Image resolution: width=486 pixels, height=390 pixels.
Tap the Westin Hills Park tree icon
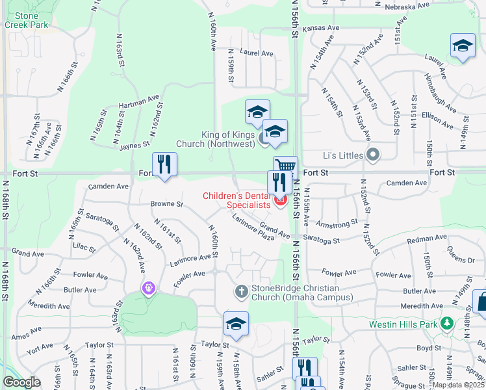(x=446, y=323)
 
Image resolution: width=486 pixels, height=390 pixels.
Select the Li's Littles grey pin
(x=373, y=155)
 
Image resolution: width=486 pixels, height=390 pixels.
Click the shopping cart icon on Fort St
(x=285, y=166)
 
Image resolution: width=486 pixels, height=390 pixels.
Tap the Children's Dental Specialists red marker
(x=281, y=200)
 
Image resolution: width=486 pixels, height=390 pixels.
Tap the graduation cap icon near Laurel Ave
(x=462, y=46)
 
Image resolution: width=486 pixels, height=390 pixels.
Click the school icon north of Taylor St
(x=236, y=323)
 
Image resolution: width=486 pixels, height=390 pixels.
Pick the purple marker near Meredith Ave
(x=149, y=287)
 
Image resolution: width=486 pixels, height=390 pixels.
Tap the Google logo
(x=21, y=382)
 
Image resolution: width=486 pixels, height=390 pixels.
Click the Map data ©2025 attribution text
(x=459, y=385)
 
